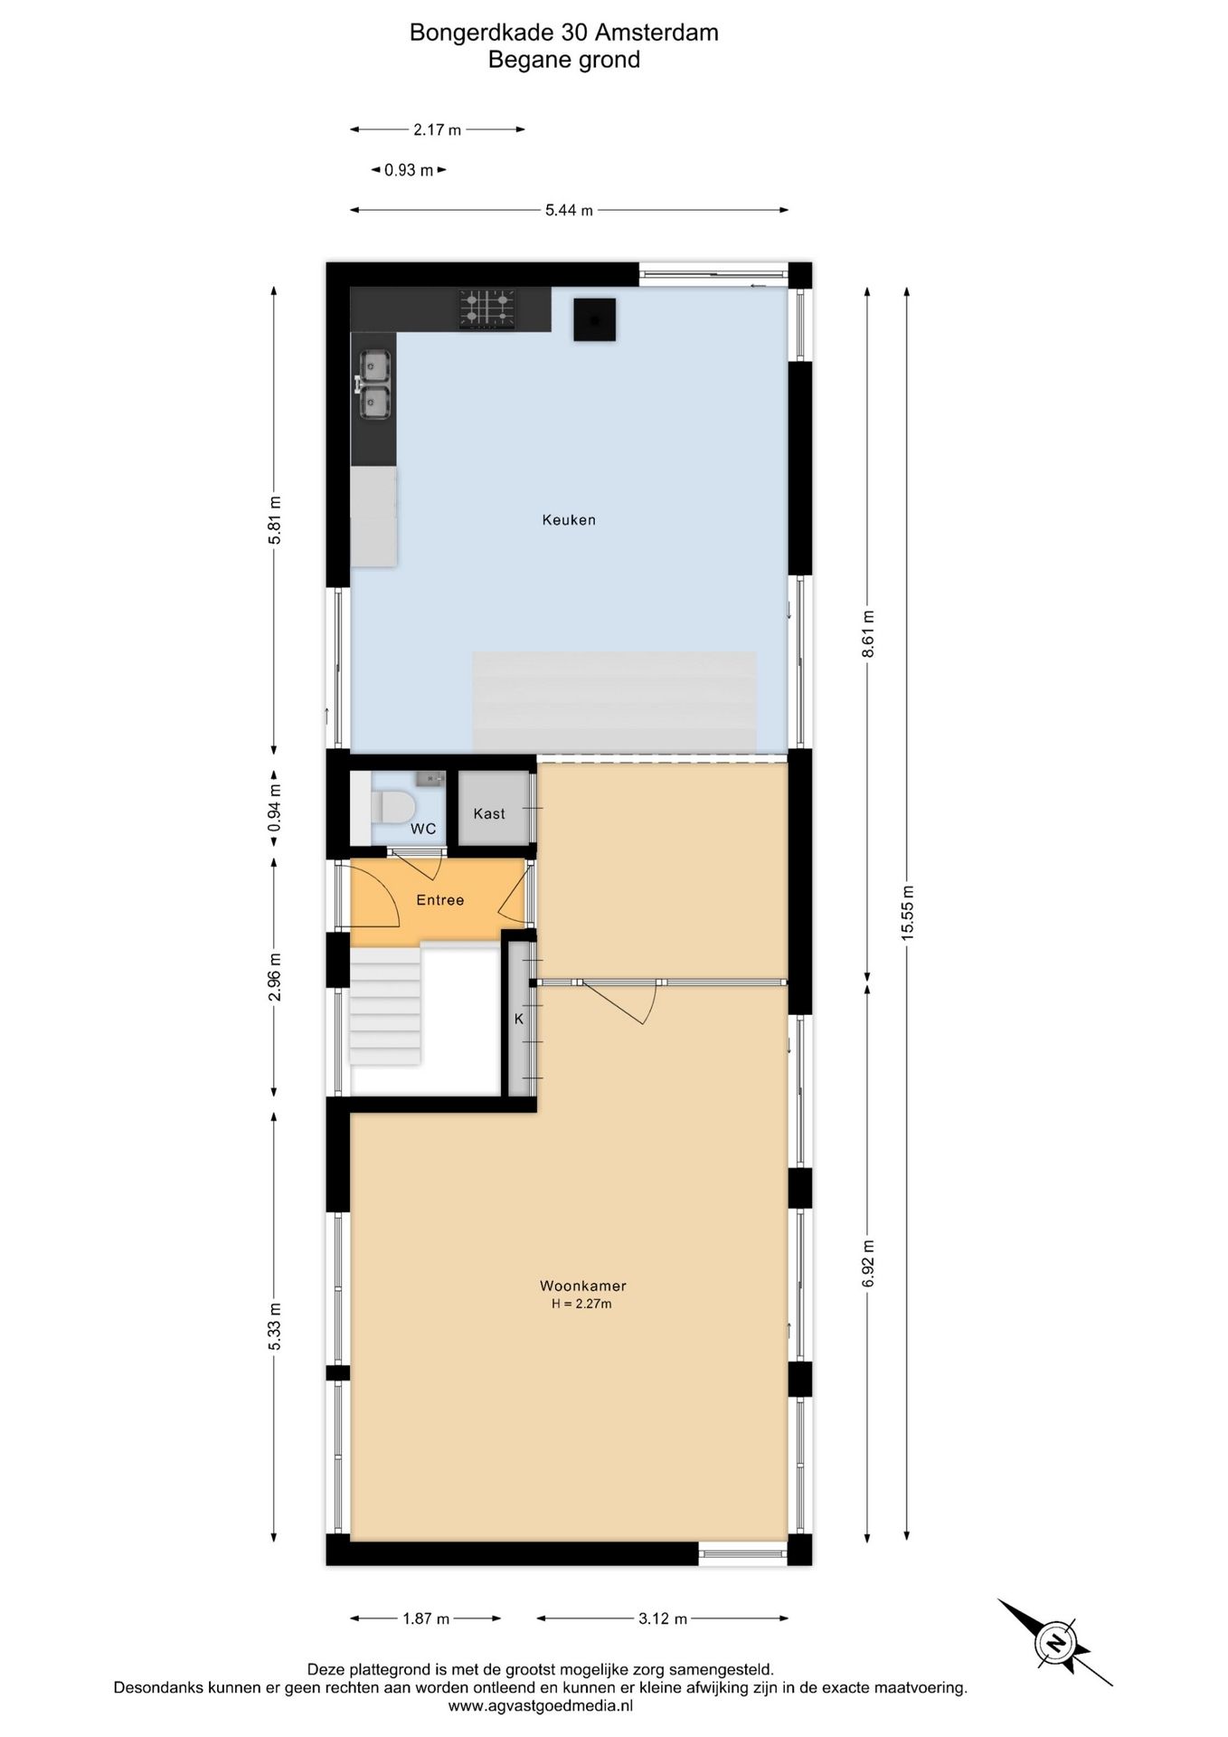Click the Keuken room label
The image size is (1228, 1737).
point(569,519)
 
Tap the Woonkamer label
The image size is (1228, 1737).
point(582,1286)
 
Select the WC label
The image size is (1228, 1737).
point(423,829)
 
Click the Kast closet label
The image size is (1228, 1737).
point(489,813)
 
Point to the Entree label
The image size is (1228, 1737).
point(439,899)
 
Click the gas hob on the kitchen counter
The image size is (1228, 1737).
point(486,308)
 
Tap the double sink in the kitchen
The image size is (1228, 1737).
point(374,385)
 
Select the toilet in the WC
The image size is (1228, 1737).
point(391,805)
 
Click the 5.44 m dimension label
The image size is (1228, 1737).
point(569,211)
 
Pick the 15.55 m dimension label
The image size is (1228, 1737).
point(907,913)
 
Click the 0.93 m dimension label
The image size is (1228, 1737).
point(409,170)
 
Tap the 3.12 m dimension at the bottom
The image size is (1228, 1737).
point(663,1618)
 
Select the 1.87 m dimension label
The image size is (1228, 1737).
point(426,1618)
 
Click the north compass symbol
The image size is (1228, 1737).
point(1055,1642)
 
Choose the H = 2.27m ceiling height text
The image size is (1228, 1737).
point(582,1304)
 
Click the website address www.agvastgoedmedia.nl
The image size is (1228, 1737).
point(541,1705)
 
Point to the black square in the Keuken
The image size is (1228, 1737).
point(594,319)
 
